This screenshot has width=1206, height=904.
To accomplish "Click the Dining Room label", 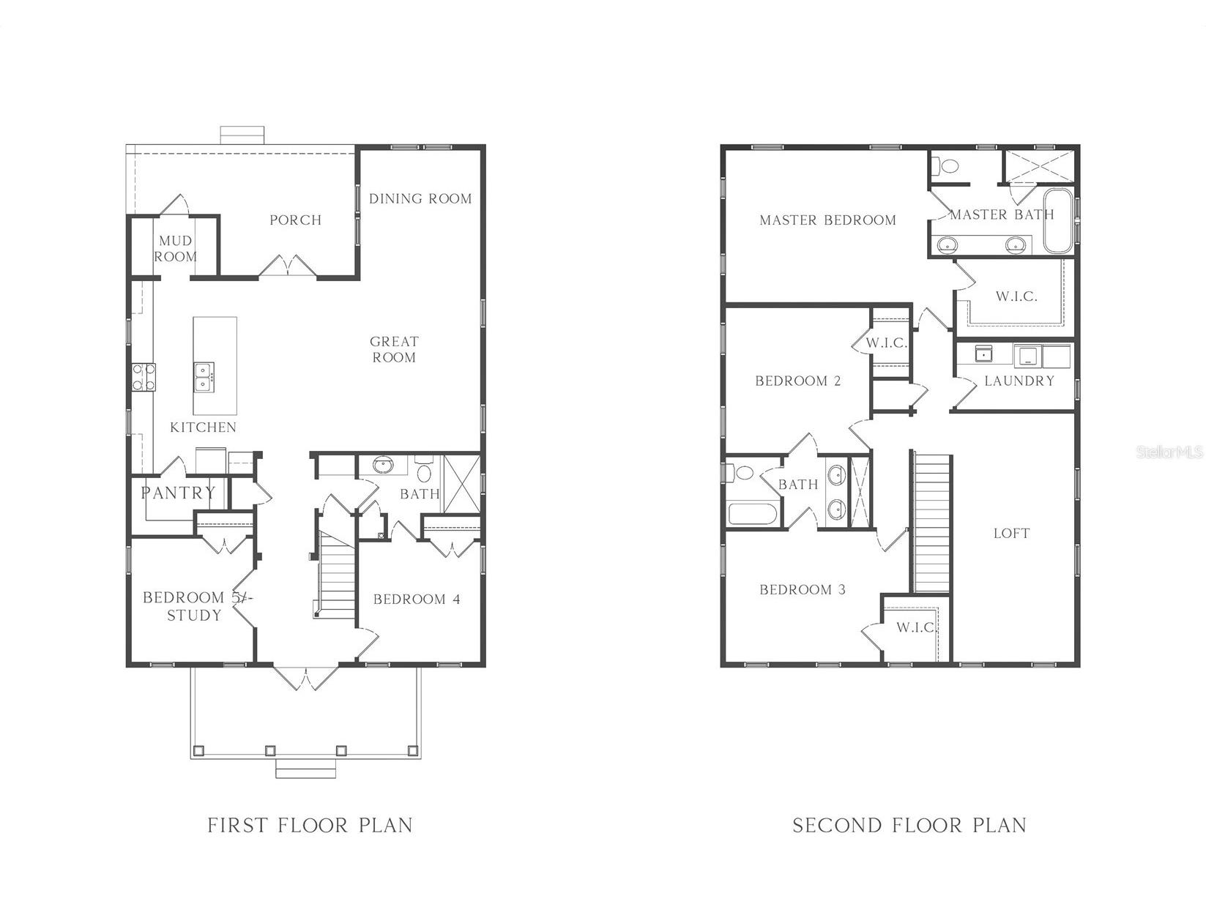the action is [x=420, y=198].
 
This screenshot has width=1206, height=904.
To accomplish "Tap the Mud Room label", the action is [x=175, y=248].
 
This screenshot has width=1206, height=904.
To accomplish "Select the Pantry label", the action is [x=179, y=493].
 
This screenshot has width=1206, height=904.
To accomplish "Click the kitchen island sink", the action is [x=204, y=377].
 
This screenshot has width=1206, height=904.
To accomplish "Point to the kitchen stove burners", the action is [x=143, y=377].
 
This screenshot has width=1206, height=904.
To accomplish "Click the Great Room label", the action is [x=394, y=349].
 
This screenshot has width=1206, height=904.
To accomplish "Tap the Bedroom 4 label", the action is [x=417, y=599].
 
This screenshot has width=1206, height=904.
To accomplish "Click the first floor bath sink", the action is [x=382, y=466].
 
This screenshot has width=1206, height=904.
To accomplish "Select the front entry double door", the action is [x=305, y=677].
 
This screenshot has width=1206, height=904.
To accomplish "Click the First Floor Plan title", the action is [x=310, y=826].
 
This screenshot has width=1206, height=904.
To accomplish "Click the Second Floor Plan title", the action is [x=909, y=826].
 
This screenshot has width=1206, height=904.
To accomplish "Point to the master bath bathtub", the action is [x=1057, y=221].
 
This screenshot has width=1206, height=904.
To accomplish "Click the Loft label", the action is [x=1011, y=533].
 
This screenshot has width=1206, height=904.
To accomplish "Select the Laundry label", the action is [x=1019, y=381].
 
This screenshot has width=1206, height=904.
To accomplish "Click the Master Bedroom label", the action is [x=827, y=220].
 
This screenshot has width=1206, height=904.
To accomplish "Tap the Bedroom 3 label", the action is [x=802, y=590].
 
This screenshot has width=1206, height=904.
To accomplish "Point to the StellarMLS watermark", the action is [x=1169, y=452].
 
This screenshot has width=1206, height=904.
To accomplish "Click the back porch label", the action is [x=296, y=220].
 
